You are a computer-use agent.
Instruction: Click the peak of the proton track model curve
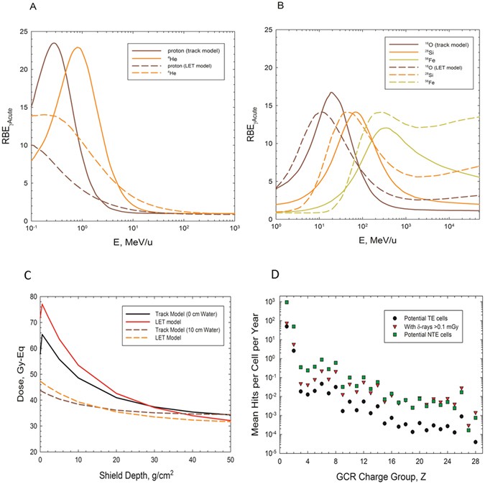pyautogui.click(x=53, y=43)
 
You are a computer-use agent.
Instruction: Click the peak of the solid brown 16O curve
pyautogui.click(x=331, y=92)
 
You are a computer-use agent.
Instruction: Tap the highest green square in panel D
pyautogui.click(x=287, y=302)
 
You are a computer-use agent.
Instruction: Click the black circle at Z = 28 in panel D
pyautogui.click(x=475, y=442)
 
